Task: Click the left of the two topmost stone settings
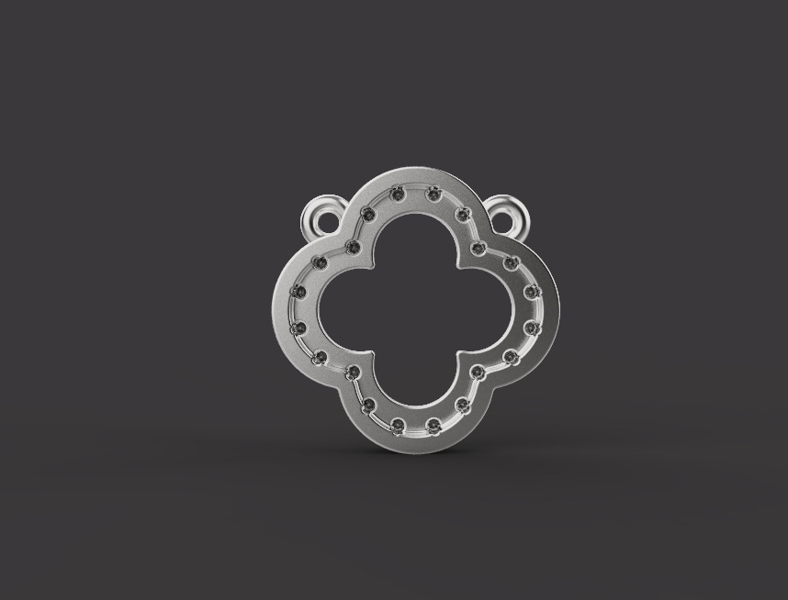click(397, 194)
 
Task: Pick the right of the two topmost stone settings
click(433, 194)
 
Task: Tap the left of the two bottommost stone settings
click(398, 425)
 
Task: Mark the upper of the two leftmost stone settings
click(298, 292)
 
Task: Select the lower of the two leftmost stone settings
click(298, 327)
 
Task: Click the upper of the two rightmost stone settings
click(531, 292)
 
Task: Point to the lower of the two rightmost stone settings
click(531, 328)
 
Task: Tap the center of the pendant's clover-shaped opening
click(415, 309)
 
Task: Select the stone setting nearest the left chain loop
click(368, 215)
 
